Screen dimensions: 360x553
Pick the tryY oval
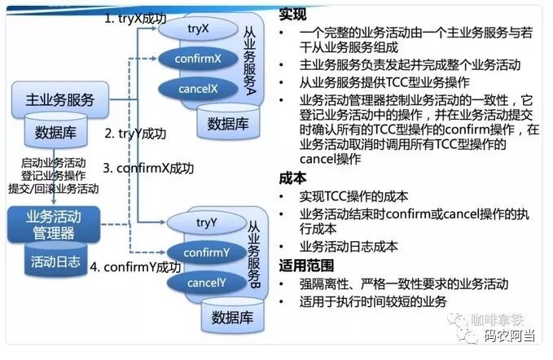point(206,222)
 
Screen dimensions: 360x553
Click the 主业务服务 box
point(60,101)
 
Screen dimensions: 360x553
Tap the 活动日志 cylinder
point(55,261)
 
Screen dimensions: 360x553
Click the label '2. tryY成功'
point(136,134)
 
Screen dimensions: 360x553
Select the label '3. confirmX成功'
point(149,169)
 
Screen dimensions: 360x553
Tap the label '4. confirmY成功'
point(135,268)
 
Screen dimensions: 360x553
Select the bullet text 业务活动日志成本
point(349,246)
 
